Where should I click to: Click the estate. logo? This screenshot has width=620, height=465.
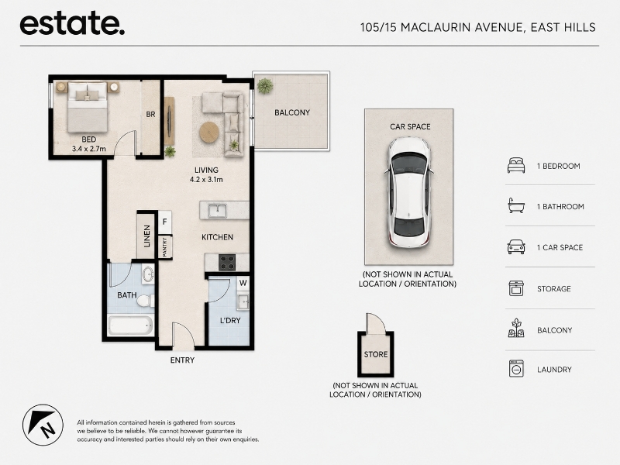pos(72,24)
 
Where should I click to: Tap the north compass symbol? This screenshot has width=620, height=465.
pos(43,425)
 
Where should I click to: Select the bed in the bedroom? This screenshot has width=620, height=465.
pos(88,107)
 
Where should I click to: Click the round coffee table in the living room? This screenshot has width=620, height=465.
pos(209,132)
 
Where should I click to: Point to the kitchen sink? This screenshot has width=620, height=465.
pos(217,211)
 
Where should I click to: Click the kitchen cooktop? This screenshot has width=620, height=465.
pos(227,262)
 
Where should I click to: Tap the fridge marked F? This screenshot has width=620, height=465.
pos(165,222)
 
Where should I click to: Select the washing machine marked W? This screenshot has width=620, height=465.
pos(243,283)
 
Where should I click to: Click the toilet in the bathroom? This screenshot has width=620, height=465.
pos(146,301)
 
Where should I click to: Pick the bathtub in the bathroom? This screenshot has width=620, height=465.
pos(130,325)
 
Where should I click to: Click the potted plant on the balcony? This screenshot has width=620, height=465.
pos(264,85)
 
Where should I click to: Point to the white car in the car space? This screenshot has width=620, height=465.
pos(408,192)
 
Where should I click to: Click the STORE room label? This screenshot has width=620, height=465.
pos(376,354)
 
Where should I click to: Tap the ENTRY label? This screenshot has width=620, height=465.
pos(182,360)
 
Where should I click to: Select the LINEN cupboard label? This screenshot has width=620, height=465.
pos(147,236)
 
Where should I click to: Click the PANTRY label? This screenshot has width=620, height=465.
pos(165,246)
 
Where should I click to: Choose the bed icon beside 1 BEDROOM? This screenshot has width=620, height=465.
pos(516,165)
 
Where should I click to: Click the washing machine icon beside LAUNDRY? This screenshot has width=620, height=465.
pos(516,369)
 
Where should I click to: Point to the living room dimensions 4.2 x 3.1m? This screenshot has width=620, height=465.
pos(206,180)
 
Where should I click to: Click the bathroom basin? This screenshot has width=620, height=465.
pos(148,274)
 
